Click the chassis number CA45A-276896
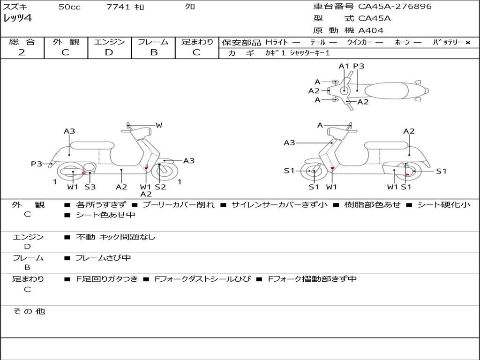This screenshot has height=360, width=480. pos(395,7)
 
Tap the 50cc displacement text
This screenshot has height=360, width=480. pos(69,7)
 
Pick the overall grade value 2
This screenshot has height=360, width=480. pos(21,52)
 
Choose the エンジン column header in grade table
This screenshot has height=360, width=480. pos(109,42)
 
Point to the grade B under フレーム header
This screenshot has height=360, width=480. pos(154,52)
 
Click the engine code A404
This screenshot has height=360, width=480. pos(371,30)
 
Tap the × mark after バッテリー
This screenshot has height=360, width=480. pos(467,43)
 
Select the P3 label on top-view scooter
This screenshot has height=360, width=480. pos(359,66)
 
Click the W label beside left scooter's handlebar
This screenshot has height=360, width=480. pos(159,125)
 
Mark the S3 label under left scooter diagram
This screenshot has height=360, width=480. pos(90,187)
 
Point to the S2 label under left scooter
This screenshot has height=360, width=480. pos(160,187)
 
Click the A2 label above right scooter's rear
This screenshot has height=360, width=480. pos(409,131)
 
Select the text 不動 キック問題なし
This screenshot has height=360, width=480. pos(115,237)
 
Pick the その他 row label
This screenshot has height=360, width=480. pos(29,311)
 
